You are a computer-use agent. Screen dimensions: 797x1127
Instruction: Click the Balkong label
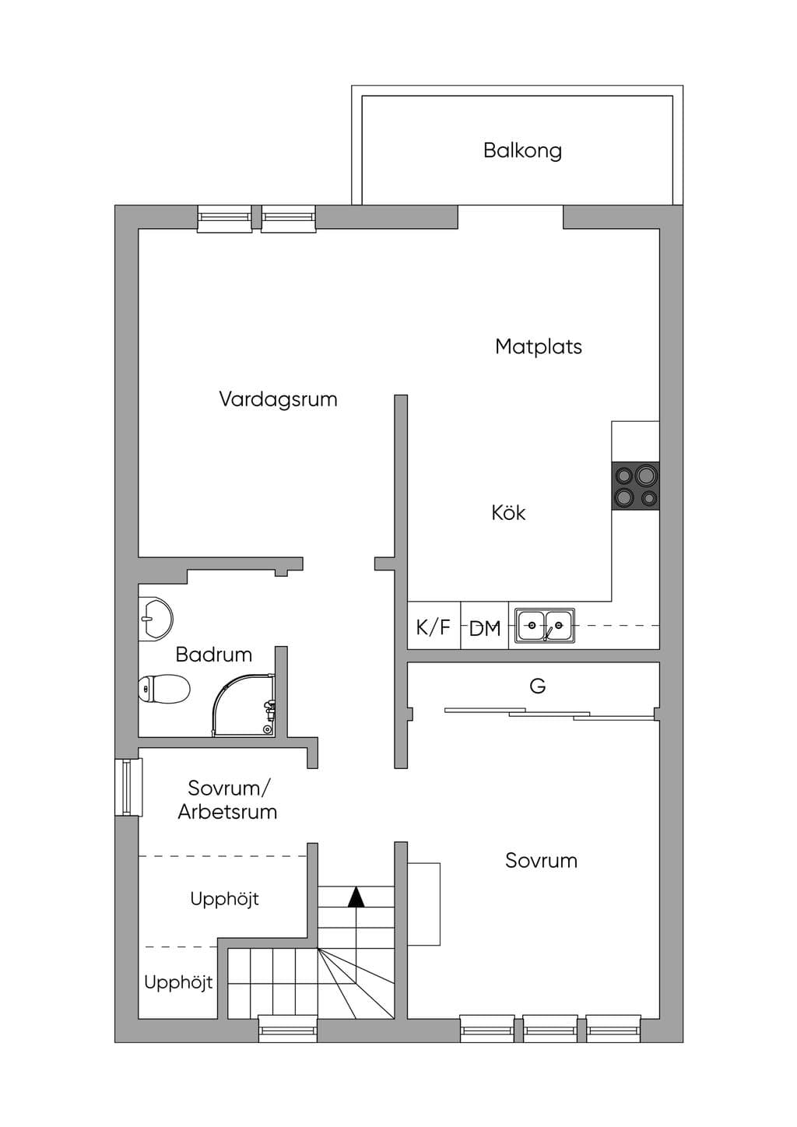(x=522, y=151)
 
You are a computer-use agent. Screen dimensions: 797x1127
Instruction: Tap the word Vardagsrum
(x=278, y=400)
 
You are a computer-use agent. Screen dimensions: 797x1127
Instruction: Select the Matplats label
(x=539, y=346)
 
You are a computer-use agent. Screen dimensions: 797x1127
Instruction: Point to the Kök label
(x=508, y=513)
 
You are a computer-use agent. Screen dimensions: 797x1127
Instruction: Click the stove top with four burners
(x=635, y=486)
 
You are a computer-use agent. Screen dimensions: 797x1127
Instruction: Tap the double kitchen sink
(x=546, y=625)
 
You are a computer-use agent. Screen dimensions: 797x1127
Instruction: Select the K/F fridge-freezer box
(x=434, y=626)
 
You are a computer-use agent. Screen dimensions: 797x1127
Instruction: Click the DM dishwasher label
(x=485, y=628)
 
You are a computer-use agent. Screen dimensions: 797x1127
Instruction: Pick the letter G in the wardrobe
(x=537, y=686)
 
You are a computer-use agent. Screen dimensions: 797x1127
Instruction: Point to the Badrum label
(x=214, y=655)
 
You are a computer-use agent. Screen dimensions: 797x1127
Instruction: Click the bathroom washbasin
(x=156, y=619)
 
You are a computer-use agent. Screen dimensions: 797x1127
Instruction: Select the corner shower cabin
(x=244, y=705)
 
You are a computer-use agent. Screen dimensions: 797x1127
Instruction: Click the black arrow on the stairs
(x=356, y=897)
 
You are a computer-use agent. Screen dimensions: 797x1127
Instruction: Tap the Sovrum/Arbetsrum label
(x=227, y=800)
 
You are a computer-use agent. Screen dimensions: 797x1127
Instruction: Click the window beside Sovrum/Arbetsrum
(x=128, y=788)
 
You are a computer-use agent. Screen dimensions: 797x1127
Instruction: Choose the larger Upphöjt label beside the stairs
(x=224, y=899)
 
